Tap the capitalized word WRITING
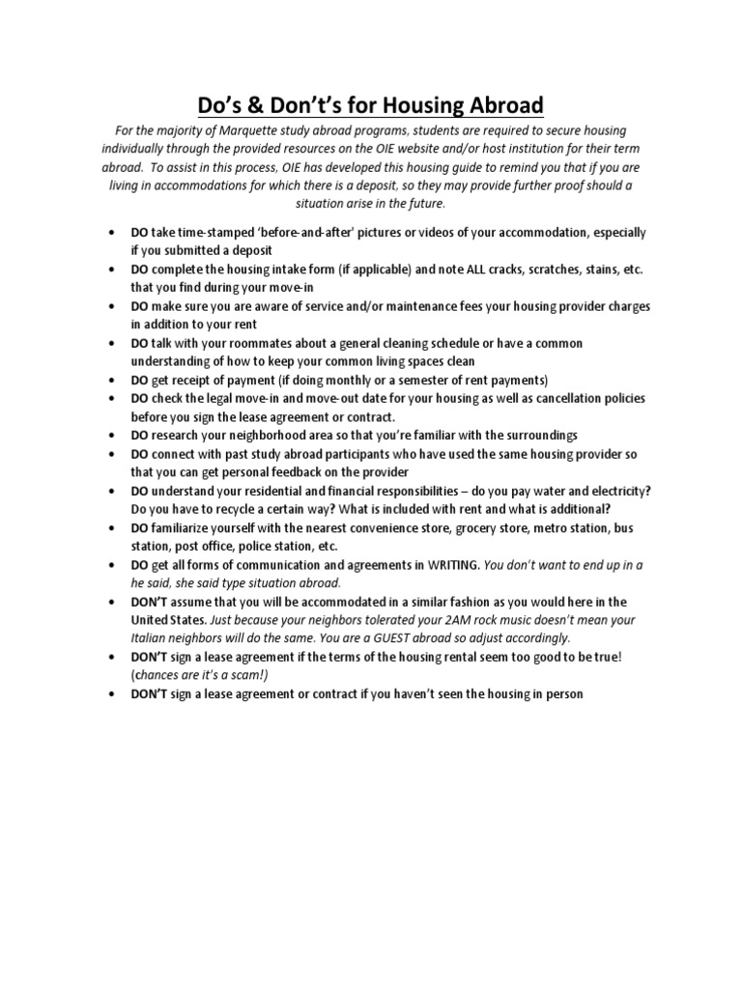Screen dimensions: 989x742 click(x=447, y=565)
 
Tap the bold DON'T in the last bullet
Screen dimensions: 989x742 click(x=152, y=693)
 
